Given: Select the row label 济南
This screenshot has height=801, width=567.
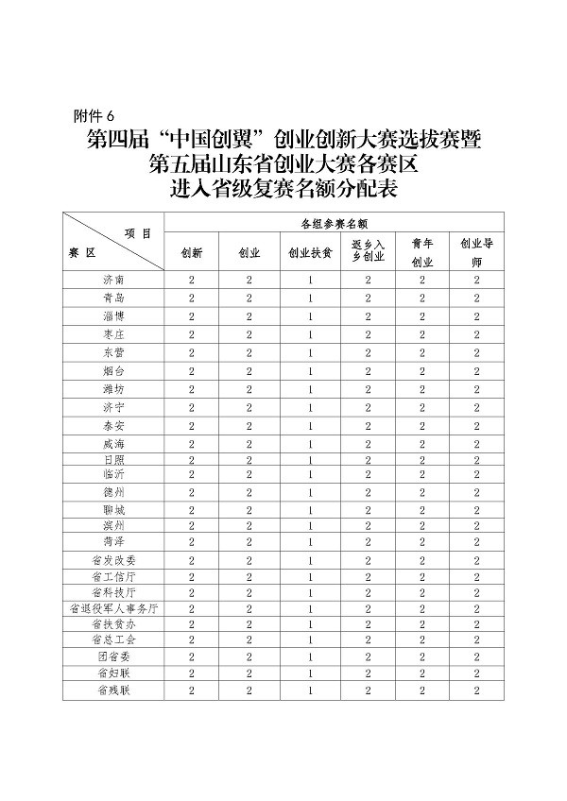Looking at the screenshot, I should point(113,281).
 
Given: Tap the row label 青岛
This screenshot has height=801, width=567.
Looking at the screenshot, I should point(113,298).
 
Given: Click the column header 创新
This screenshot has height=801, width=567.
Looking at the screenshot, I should point(192,254).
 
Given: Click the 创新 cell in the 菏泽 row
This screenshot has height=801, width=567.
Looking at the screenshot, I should point(192,542).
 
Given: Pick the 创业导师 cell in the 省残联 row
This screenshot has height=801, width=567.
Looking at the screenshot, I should point(477,691).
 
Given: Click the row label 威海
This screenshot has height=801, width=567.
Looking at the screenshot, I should point(113,443).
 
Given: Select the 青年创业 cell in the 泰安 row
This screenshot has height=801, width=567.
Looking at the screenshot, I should point(423,425).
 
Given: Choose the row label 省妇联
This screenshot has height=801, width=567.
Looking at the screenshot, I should point(113,673).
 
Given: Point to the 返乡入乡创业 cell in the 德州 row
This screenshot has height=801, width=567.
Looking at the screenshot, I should point(368,492).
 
